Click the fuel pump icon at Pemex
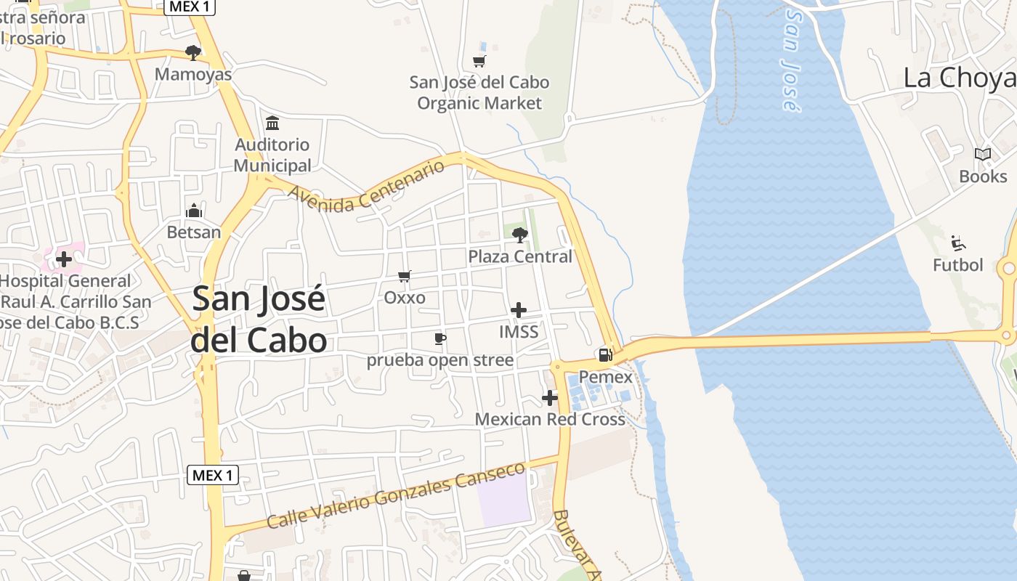(x=604, y=355)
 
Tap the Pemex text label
(x=605, y=378)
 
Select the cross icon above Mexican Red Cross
(x=550, y=398)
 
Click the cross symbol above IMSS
(x=519, y=311)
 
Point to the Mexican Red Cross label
(x=550, y=420)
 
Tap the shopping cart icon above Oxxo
(x=405, y=277)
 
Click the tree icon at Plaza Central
(x=519, y=235)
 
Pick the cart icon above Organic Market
(x=479, y=61)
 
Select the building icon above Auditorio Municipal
(x=272, y=123)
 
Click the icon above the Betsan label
(x=194, y=211)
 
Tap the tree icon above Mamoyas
(x=193, y=53)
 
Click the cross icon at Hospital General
(x=64, y=259)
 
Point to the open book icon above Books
(x=983, y=155)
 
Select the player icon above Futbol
(x=957, y=243)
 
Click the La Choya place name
(x=959, y=78)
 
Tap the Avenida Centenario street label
(x=367, y=187)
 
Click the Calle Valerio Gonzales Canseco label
(x=396, y=497)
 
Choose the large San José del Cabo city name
(x=259, y=320)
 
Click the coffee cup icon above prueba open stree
(x=439, y=338)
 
